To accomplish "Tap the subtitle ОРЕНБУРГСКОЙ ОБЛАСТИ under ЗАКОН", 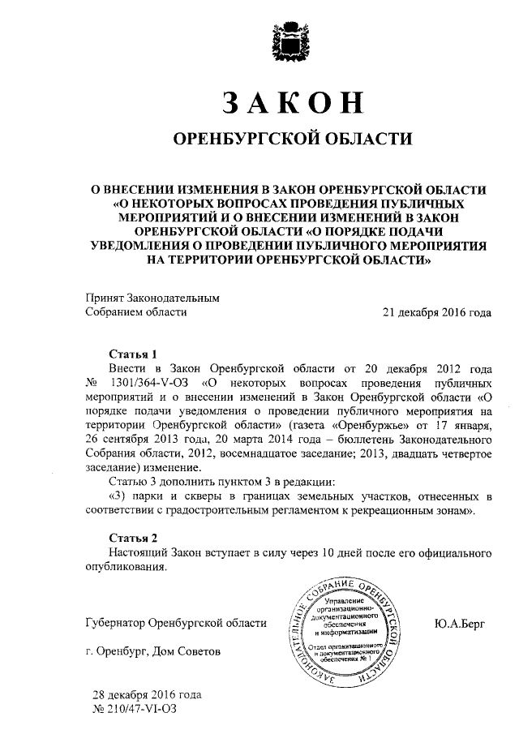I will pos(289,140).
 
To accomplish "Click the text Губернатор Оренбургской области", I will pos(175,623).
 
